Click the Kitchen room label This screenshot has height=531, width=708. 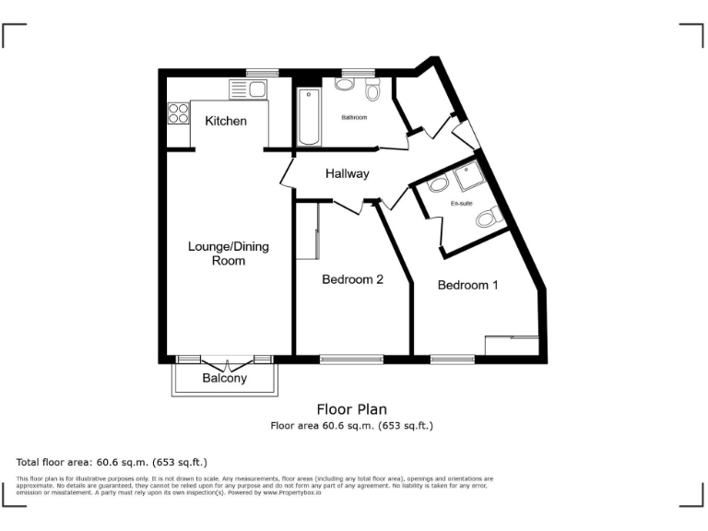pyautogui.click(x=226, y=121)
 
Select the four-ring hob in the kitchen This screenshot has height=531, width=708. pyautogui.click(x=178, y=112)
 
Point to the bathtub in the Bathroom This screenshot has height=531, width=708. pyautogui.click(x=310, y=118)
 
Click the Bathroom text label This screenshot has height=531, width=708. pyautogui.click(x=354, y=118)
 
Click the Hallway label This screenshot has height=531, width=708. pyautogui.click(x=347, y=173)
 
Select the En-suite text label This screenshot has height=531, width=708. pyautogui.click(x=461, y=203)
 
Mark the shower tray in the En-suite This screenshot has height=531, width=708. pyautogui.click(x=470, y=174)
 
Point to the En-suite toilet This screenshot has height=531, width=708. pyautogui.click(x=488, y=218)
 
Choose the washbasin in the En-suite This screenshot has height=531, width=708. pyautogui.click(x=437, y=183)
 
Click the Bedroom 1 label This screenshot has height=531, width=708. pyautogui.click(x=467, y=285)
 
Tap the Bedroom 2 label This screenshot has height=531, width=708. pyautogui.click(x=352, y=279)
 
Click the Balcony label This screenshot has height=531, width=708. pyautogui.click(x=225, y=378)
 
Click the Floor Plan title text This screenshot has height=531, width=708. pyautogui.click(x=351, y=409)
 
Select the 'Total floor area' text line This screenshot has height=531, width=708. pyautogui.click(x=112, y=462)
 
